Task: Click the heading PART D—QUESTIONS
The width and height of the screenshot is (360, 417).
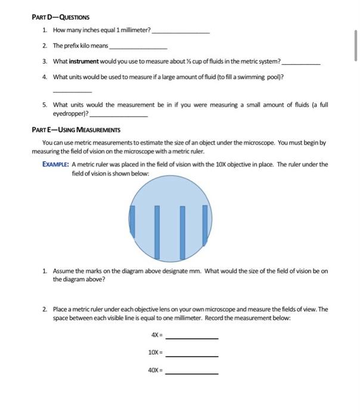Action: (x=58, y=17)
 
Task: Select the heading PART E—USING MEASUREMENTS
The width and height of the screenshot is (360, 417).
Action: (x=76, y=129)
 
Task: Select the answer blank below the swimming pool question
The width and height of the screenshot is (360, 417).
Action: (x=72, y=92)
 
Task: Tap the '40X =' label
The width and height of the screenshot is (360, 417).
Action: (x=154, y=371)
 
